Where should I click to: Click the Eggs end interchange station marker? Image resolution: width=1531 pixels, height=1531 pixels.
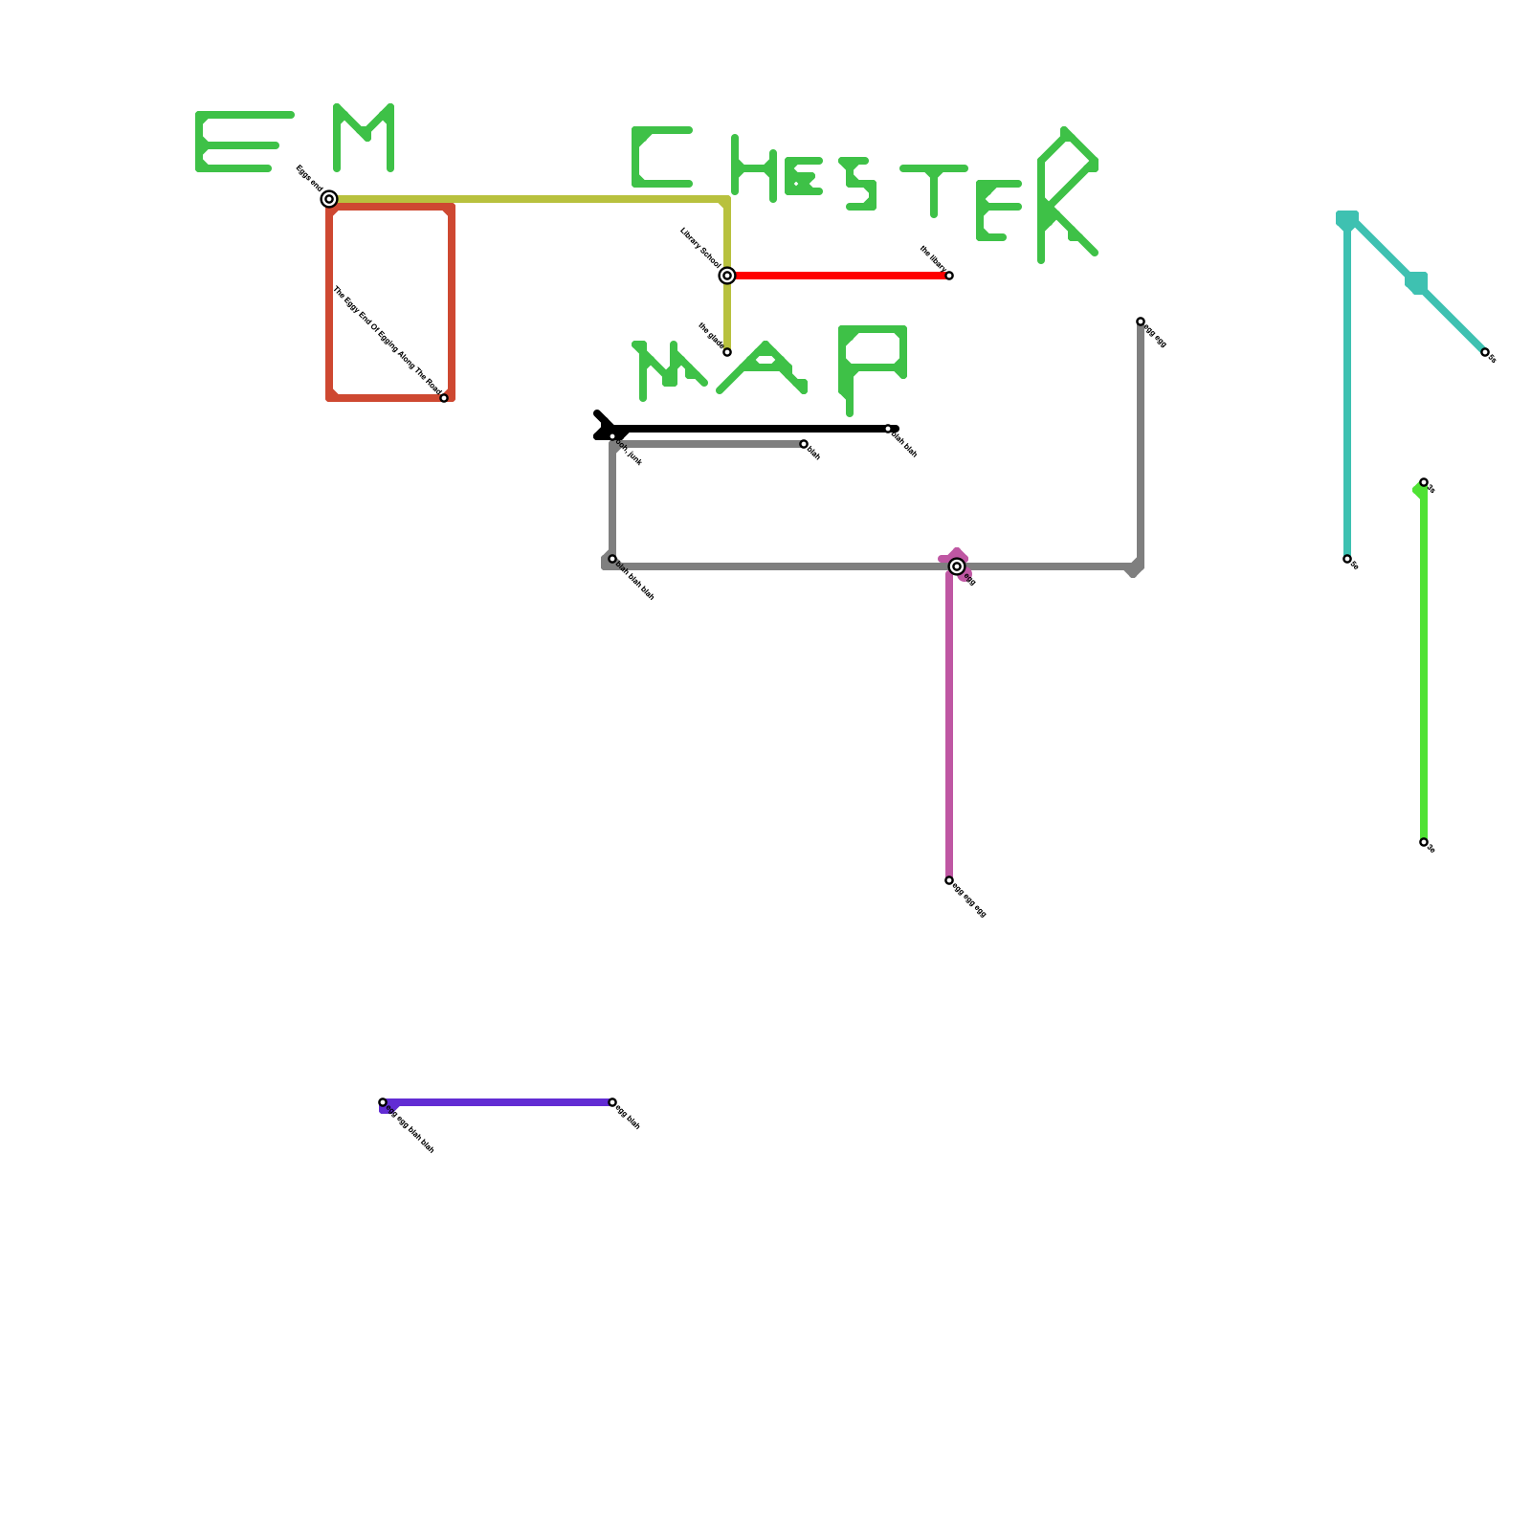tap(329, 199)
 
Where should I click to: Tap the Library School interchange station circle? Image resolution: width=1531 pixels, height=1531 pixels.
tap(727, 276)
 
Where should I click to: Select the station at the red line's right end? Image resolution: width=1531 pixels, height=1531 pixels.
tap(949, 276)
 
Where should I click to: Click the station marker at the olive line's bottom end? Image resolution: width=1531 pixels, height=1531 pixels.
tap(727, 352)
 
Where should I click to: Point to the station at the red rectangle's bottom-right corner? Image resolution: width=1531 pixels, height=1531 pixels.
tap(444, 398)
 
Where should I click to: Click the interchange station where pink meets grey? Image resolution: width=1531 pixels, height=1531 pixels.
tap(957, 566)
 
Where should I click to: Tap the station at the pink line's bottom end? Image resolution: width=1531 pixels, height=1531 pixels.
tap(949, 880)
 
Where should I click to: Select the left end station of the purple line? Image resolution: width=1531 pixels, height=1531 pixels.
tap(383, 1102)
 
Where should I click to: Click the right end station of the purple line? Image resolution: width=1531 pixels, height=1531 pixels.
tap(612, 1102)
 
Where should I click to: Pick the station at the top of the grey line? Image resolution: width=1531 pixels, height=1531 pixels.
tap(1141, 322)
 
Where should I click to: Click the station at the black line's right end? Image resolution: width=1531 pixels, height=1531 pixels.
tap(888, 429)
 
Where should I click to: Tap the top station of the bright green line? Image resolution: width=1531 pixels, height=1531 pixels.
tap(1424, 482)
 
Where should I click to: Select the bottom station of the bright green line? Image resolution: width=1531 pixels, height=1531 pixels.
tap(1424, 842)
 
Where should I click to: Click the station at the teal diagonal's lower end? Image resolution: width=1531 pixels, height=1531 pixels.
tap(1485, 352)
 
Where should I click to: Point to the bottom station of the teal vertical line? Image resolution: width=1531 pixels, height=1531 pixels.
tap(1347, 559)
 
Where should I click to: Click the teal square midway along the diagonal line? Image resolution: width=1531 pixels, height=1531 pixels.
tap(1416, 283)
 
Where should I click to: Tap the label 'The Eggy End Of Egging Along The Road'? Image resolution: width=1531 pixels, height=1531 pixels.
tap(387, 341)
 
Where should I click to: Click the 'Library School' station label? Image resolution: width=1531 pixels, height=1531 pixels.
tap(700, 247)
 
